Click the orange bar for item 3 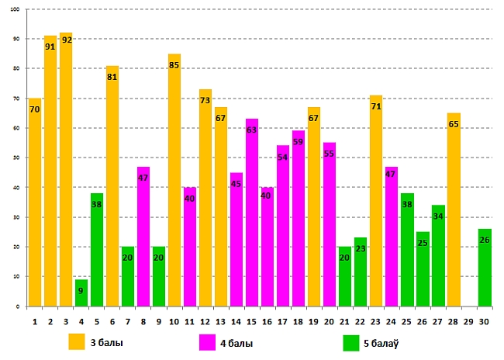66,171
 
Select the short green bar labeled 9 81,293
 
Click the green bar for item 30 485,268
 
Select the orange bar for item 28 454,209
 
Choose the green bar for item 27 438,256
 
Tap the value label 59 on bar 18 299,142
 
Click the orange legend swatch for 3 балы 77,341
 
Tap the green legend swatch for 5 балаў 351,341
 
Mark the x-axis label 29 469,320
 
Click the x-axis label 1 35,320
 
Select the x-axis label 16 268,320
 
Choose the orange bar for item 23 376,202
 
